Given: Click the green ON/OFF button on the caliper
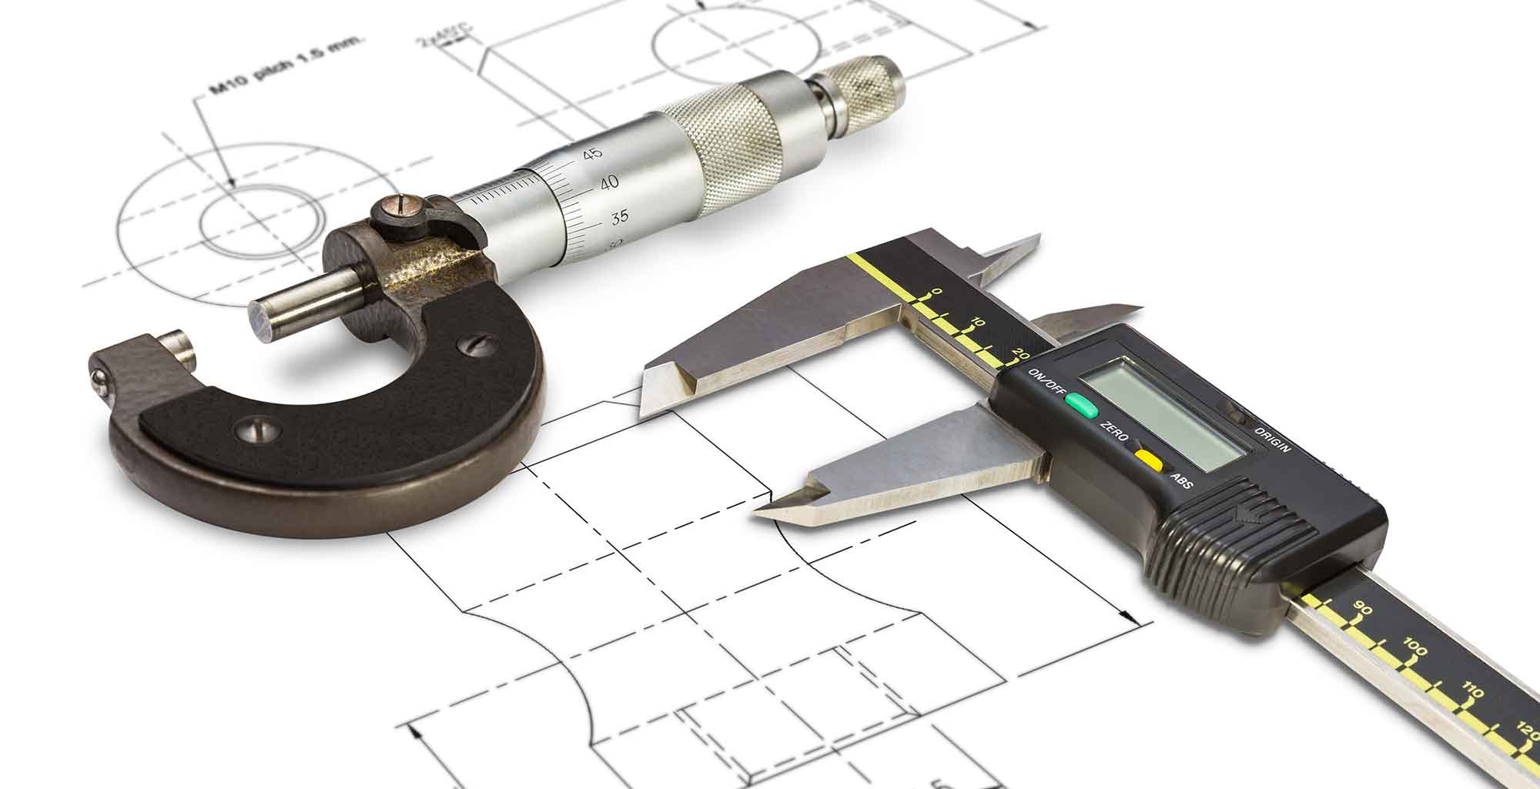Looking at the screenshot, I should click(1081, 404).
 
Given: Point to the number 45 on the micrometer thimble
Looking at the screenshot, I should click(592, 153).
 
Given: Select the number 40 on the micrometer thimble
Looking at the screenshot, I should click(608, 183).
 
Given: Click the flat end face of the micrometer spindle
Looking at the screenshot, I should click(262, 319).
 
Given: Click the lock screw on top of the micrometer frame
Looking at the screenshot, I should click(396, 207).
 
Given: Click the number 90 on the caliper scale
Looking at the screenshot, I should click(1363, 608).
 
